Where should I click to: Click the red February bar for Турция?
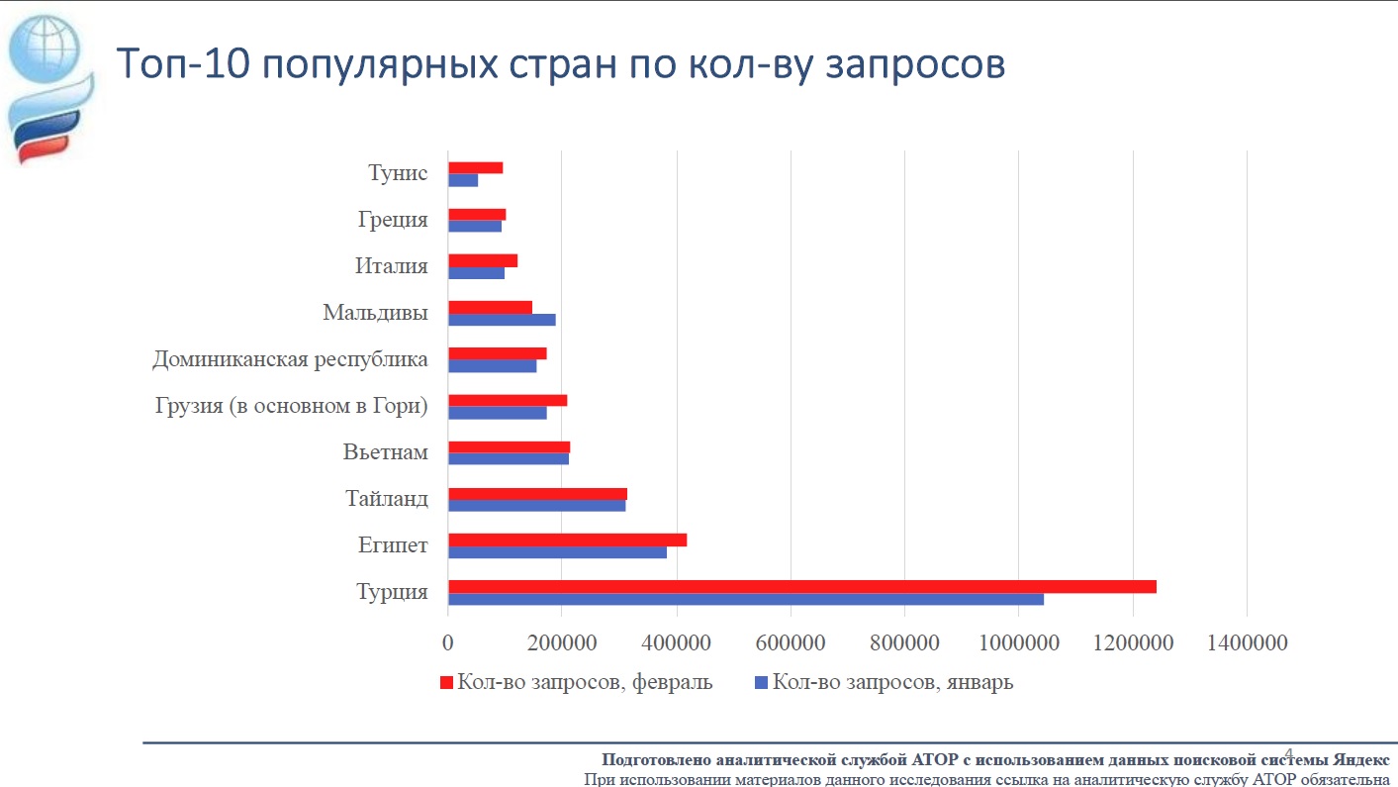pos(801,586)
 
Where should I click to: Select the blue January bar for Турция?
pos(745,599)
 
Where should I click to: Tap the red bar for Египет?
pos(567,540)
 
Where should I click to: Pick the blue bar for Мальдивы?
pos(502,320)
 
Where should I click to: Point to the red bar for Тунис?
pos(475,167)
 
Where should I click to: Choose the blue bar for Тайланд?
pos(536,506)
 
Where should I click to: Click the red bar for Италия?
pos(483,260)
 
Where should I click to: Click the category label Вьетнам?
pos(386,452)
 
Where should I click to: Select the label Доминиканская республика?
pos(290,359)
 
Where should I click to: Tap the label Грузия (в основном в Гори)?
pos(292,406)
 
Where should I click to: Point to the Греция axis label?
pos(393,220)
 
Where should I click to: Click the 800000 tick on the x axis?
pos(904,643)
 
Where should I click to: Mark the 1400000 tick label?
pos(1246,643)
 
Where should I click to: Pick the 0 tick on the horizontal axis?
pos(448,643)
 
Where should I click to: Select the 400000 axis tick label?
pos(677,643)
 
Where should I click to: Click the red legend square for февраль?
pos(445,682)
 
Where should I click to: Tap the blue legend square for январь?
pos(761,682)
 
